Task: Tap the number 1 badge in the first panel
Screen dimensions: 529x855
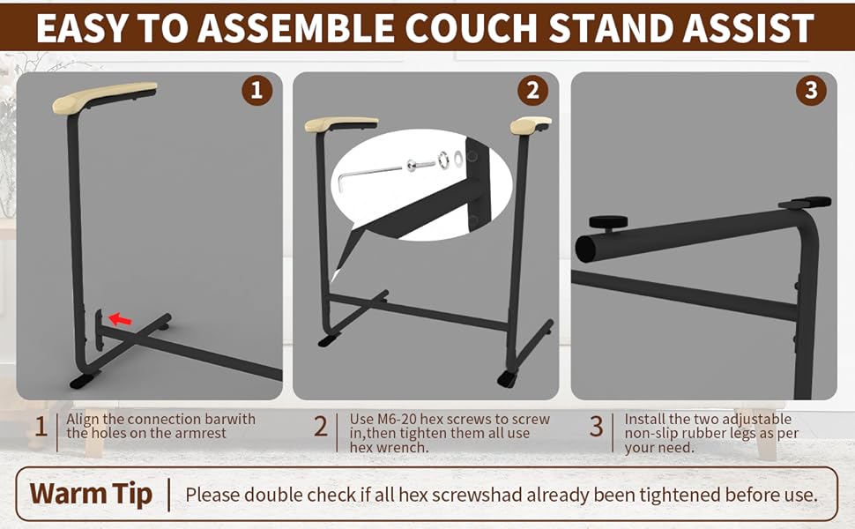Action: [x=256, y=91]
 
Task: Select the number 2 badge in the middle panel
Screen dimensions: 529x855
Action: [x=532, y=91]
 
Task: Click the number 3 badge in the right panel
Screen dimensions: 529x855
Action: [x=811, y=91]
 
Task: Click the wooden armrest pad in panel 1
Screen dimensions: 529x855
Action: [x=104, y=93]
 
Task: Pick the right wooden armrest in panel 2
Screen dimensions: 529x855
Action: [x=530, y=125]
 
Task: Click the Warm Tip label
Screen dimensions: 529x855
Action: [x=91, y=493]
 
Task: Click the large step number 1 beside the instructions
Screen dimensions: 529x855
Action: [x=41, y=428]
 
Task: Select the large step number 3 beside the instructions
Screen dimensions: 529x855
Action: [x=597, y=428]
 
